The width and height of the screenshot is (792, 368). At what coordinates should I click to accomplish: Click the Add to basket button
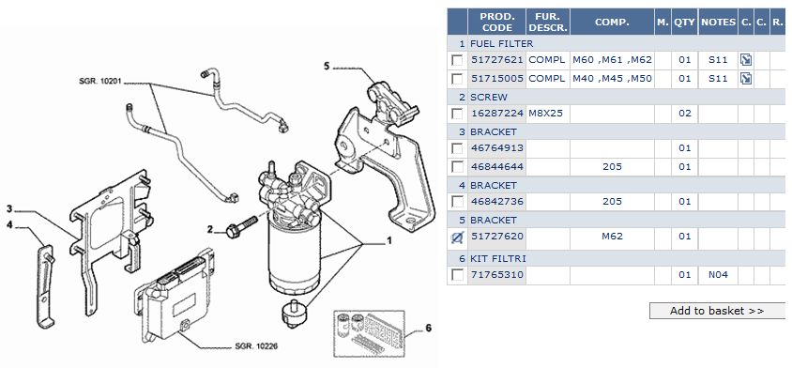tap(716, 311)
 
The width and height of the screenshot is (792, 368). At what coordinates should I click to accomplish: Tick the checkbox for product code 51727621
tap(457, 60)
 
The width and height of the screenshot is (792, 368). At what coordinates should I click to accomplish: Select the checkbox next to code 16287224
tap(457, 114)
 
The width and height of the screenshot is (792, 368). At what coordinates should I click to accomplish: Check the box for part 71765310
tap(457, 275)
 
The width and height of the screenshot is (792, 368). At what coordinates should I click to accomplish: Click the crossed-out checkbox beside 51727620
tap(457, 237)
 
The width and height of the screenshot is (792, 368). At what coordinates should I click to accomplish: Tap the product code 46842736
tap(497, 201)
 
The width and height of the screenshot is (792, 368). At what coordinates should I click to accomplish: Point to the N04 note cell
tap(718, 275)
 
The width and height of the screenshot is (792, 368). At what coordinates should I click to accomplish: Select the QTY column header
tap(684, 23)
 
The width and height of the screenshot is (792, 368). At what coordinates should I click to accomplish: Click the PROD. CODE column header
tap(496, 23)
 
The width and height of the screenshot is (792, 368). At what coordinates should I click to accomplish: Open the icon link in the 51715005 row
tap(745, 78)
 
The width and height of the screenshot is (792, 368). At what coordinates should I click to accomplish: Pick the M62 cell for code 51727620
tap(612, 236)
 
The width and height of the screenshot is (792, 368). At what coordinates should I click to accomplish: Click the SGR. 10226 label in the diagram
tap(256, 346)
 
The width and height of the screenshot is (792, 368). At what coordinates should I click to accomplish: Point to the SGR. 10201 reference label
tap(100, 81)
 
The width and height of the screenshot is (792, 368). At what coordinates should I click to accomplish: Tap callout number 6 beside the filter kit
tap(428, 328)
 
